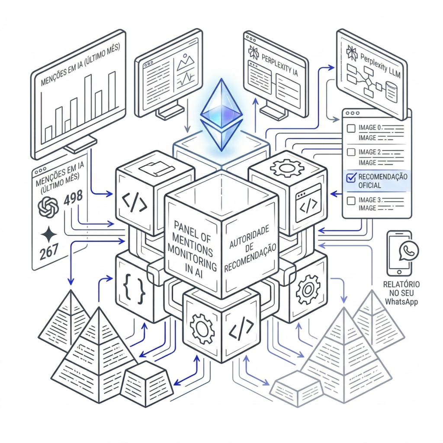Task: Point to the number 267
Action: [48, 253]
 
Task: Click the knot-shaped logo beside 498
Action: [48, 207]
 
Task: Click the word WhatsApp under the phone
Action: [401, 302]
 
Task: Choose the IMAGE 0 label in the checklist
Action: [371, 128]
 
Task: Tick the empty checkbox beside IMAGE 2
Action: [352, 152]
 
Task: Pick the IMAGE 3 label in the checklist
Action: [371, 200]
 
